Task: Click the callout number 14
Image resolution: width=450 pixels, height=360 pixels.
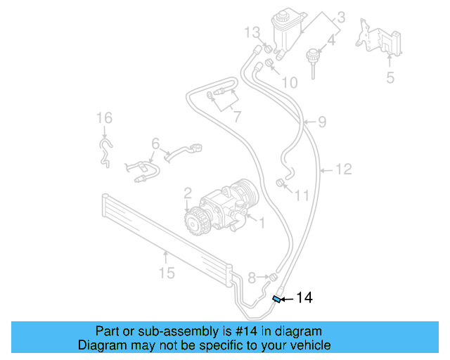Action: (304, 297)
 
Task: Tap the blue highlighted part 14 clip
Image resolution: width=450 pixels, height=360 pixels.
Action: (277, 300)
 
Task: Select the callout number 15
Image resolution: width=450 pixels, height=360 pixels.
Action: (166, 272)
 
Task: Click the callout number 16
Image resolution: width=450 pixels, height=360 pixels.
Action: (104, 117)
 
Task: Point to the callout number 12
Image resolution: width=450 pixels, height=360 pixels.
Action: (343, 169)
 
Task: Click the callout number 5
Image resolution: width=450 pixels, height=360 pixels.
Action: (390, 77)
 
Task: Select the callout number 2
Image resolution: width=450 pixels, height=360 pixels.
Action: (188, 192)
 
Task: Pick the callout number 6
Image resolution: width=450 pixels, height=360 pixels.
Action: (155, 143)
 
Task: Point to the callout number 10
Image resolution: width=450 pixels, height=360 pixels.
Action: (289, 83)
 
